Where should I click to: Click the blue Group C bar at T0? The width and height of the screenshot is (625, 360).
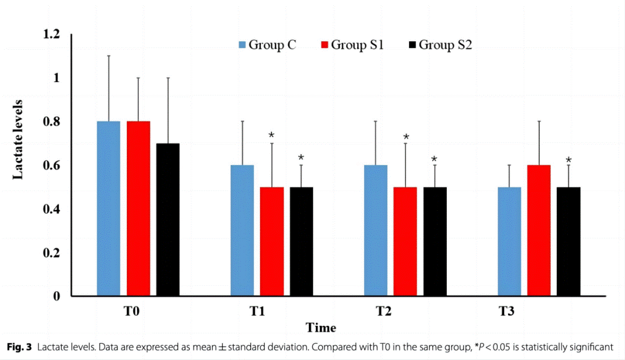108,208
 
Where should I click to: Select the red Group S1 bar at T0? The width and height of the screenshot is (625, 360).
138,208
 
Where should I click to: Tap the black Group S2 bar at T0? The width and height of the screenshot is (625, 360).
168,220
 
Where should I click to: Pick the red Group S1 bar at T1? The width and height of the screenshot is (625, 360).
271,241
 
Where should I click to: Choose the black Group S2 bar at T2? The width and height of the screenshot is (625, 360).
435,241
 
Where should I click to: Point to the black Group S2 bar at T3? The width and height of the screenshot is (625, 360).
568,241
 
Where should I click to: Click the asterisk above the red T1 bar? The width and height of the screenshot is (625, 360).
271,136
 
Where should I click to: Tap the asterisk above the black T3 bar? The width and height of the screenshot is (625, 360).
568,160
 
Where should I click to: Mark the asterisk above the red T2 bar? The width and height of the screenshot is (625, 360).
406,137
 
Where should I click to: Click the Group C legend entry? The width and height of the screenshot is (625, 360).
267,45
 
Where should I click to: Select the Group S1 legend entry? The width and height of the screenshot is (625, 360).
352,45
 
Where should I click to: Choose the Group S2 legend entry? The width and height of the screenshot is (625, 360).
440,45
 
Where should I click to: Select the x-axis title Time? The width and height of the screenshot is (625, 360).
321,328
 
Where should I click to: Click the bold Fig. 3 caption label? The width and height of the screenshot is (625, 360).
20,347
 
